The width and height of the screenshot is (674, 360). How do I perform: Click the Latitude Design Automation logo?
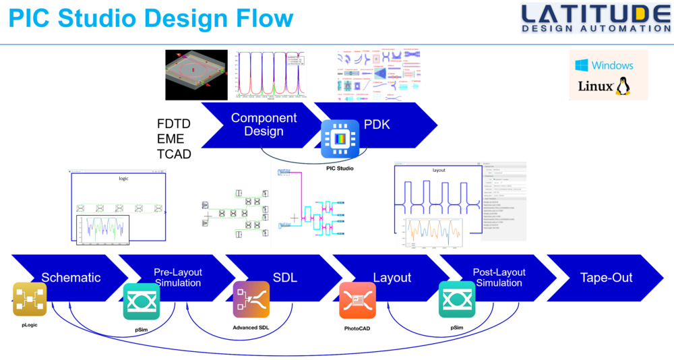pos(595,18)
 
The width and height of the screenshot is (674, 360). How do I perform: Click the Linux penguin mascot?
pos(622,86)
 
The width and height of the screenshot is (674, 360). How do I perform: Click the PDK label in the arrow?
pos(377,124)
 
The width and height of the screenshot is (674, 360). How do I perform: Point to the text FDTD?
pos(174,125)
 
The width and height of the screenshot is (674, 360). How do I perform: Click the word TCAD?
pos(174,154)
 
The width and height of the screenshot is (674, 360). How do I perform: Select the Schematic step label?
pos(71,278)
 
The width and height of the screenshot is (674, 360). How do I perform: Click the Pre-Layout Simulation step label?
pos(178,278)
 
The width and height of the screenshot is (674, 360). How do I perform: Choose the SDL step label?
pos(285,278)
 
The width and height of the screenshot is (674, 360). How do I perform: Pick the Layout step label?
pos(392,278)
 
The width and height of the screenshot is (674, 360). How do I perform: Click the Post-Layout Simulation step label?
pos(499,278)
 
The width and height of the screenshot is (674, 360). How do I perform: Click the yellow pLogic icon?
pos(30,299)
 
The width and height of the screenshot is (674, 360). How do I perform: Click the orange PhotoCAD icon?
pos(357,300)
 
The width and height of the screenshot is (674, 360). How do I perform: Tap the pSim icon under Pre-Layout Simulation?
pos(142,301)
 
